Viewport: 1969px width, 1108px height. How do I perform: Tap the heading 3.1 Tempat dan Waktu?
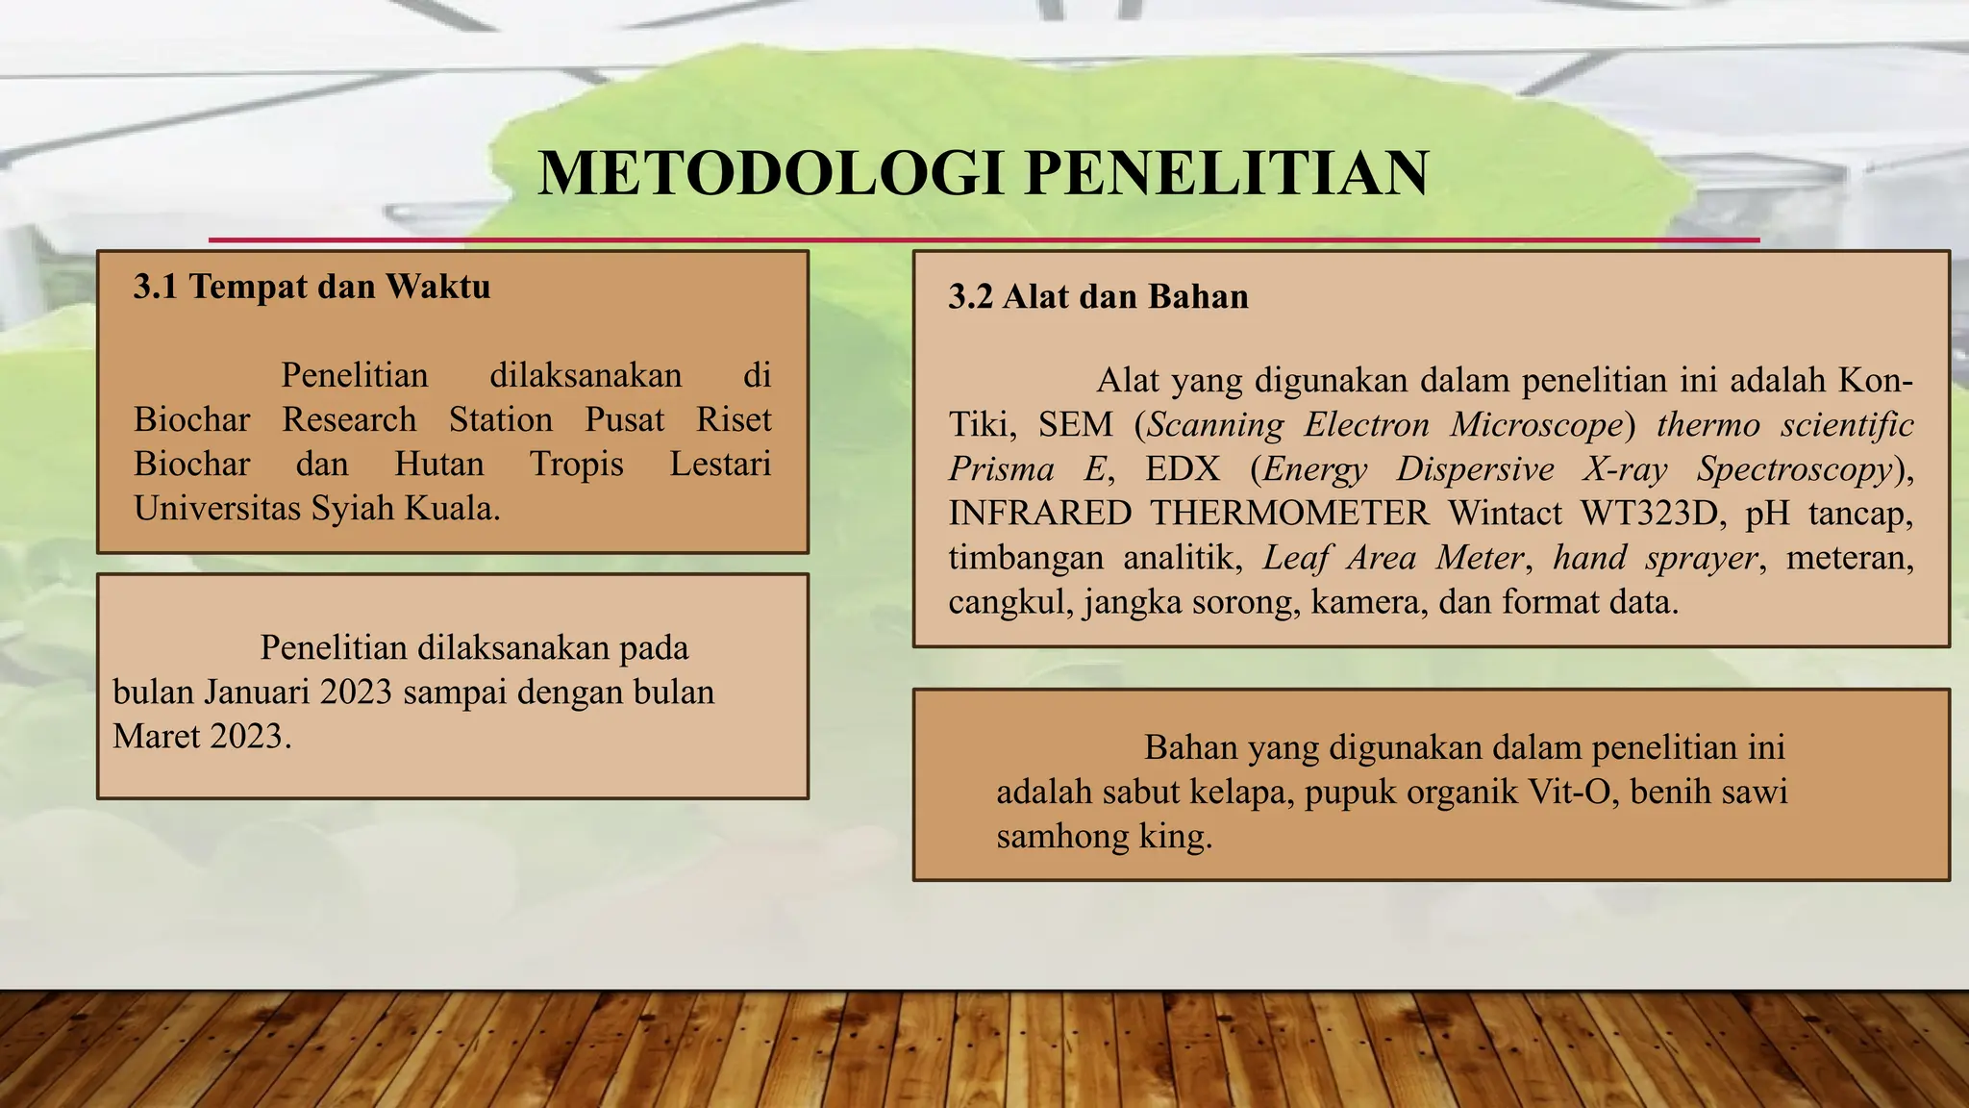coord(312,287)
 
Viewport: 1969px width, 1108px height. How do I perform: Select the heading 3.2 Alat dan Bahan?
coord(1098,297)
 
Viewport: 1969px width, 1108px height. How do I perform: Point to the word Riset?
coord(734,420)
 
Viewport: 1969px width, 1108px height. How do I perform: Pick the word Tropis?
coord(577,465)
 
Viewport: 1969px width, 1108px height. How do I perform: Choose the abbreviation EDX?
coord(1182,469)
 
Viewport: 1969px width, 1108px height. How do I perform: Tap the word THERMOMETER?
coord(1290,514)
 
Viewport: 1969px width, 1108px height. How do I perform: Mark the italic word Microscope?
coord(1536,425)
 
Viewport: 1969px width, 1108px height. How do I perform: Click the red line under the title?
coord(984,239)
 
